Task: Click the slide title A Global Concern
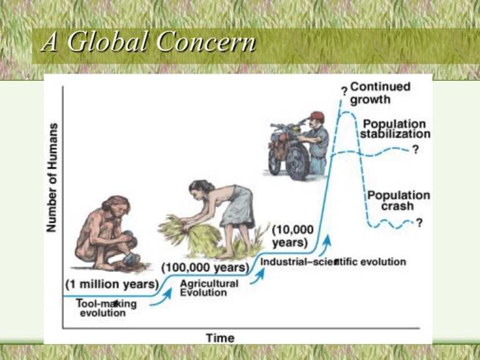147,44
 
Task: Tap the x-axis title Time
220,338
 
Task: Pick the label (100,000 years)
205,267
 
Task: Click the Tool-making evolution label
106,308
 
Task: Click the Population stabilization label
394,129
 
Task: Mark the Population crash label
398,200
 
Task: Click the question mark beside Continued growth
344,92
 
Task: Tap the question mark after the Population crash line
419,222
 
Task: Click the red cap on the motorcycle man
317,116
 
